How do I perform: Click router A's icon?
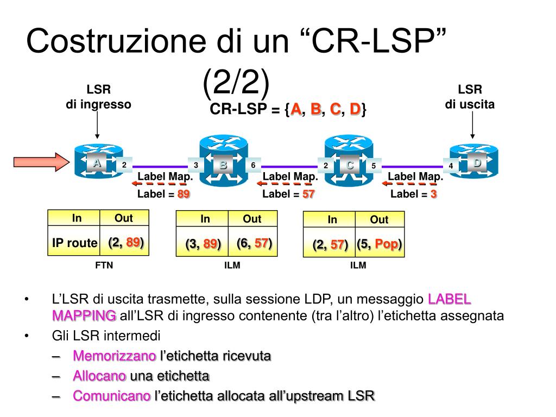tap(97, 161)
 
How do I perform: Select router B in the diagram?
tap(223, 161)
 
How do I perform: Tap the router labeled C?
tap(348, 161)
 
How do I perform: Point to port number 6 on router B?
tap(253, 165)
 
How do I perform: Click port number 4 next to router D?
tap(451, 166)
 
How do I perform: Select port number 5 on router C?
tap(374, 166)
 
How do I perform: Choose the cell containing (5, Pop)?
tap(380, 244)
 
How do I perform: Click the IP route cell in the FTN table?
tap(74, 243)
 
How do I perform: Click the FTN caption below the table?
tap(104, 266)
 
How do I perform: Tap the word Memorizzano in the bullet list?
tap(114, 356)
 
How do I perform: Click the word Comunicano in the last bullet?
tap(111, 396)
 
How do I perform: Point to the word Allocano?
tap(99, 376)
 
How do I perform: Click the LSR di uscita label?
tap(470, 97)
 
